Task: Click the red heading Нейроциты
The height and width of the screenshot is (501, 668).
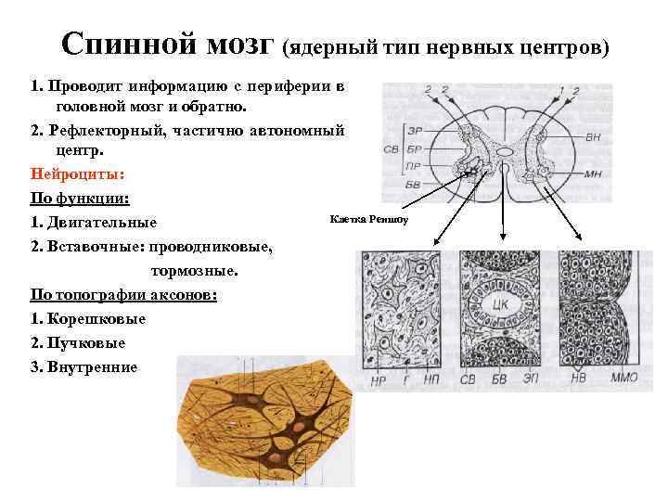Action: (x=71, y=173)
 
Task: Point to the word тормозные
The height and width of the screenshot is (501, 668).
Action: (x=193, y=271)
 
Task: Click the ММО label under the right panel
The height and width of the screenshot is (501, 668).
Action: (x=623, y=379)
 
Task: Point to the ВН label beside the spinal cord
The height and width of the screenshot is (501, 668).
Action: (x=593, y=136)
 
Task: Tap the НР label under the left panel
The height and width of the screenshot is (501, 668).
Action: (x=378, y=379)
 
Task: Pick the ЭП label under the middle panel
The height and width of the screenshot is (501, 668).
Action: (x=531, y=379)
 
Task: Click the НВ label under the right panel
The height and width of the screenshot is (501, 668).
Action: (x=577, y=379)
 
